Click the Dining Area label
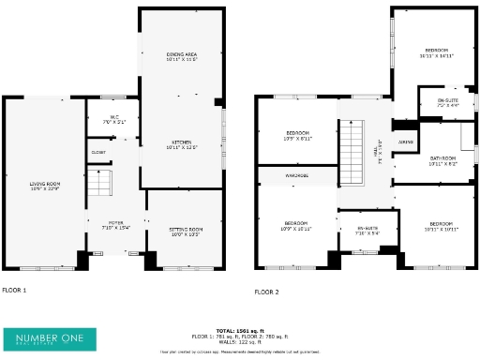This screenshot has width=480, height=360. [181, 56]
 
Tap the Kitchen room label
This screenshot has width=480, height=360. [181, 145]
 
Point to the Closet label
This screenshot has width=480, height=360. [98, 152]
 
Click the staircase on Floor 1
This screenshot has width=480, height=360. [99, 184]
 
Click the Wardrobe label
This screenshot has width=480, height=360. [296, 175]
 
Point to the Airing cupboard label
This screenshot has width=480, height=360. [405, 142]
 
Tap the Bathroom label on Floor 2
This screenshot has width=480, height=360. [442, 160]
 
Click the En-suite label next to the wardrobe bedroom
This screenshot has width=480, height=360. [367, 232]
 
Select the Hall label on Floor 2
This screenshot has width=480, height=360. [376, 148]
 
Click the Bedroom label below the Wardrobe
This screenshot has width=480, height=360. [295, 226]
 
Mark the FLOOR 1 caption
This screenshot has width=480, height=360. [14, 291]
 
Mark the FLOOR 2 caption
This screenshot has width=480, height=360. [266, 292]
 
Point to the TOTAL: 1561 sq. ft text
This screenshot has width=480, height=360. [239, 330]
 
